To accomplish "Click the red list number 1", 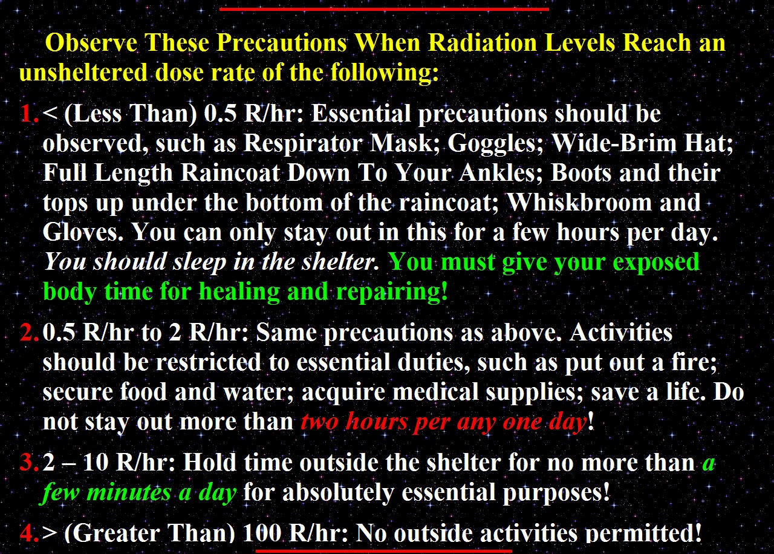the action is (x=29, y=113).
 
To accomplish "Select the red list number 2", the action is (x=29, y=332).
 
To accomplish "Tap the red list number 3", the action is (x=29, y=462).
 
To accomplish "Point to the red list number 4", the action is (x=30, y=533).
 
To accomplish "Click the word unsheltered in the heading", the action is (x=83, y=72).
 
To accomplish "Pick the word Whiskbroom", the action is (x=579, y=202).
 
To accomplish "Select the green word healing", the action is (x=239, y=291).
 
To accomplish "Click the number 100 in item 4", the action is (x=262, y=533).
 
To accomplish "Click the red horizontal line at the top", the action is (x=384, y=9).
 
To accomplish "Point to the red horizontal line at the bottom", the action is (x=383, y=550).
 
